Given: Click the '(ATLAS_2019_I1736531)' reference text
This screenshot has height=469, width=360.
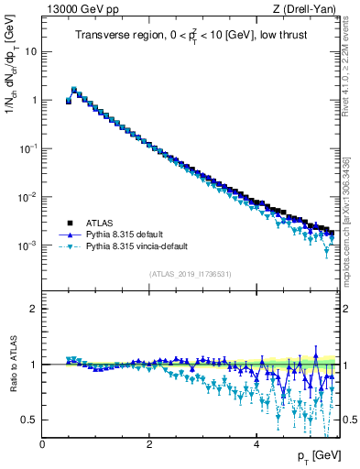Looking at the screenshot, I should tap(189, 273).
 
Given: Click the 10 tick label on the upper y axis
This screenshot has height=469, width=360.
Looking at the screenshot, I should tap(29, 51).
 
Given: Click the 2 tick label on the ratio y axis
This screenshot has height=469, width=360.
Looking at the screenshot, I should tap(33, 309).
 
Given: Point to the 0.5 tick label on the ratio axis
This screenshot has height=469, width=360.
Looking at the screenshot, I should tap(29, 420).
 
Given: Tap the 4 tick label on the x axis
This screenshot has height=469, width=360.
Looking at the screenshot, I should tap(256, 444).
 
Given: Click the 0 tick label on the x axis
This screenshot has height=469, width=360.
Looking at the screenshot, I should tap(42, 444).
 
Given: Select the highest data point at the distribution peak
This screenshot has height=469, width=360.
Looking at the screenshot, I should tap(74, 90).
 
